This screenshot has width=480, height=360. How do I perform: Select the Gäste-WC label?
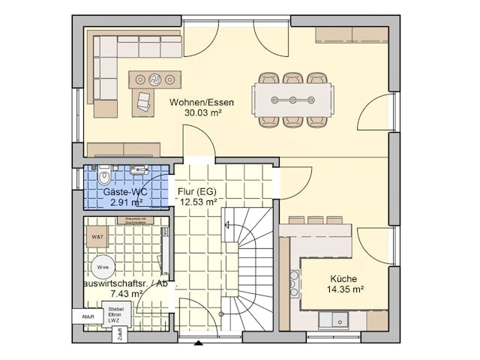tap(124, 192)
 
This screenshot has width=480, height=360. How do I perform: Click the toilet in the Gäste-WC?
tap(104, 175)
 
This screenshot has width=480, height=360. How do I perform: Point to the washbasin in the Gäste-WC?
tap(139, 171)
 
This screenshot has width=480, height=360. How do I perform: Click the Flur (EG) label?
tap(196, 190)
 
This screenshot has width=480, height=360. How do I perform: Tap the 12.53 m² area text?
tap(198, 201)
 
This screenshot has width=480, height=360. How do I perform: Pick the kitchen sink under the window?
tap(332, 320)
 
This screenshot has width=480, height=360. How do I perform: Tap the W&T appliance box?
tap(98, 238)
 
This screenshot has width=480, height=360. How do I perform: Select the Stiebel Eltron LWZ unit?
tap(115, 314)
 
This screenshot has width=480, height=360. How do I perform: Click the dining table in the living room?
tap(293, 100)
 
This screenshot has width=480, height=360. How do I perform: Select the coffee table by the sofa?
tap(154, 79)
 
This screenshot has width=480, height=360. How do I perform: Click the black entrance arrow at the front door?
tap(198, 343)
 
